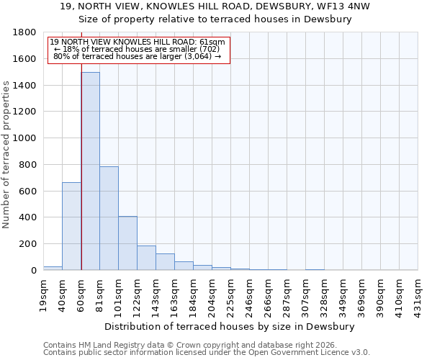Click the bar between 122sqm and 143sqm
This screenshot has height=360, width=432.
146,258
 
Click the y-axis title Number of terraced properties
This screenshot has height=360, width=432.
7,155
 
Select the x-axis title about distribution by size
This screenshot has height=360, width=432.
230,326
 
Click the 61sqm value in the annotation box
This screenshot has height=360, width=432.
213,42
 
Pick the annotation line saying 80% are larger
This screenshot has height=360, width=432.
137,56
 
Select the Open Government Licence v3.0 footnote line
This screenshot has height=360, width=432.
206,352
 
